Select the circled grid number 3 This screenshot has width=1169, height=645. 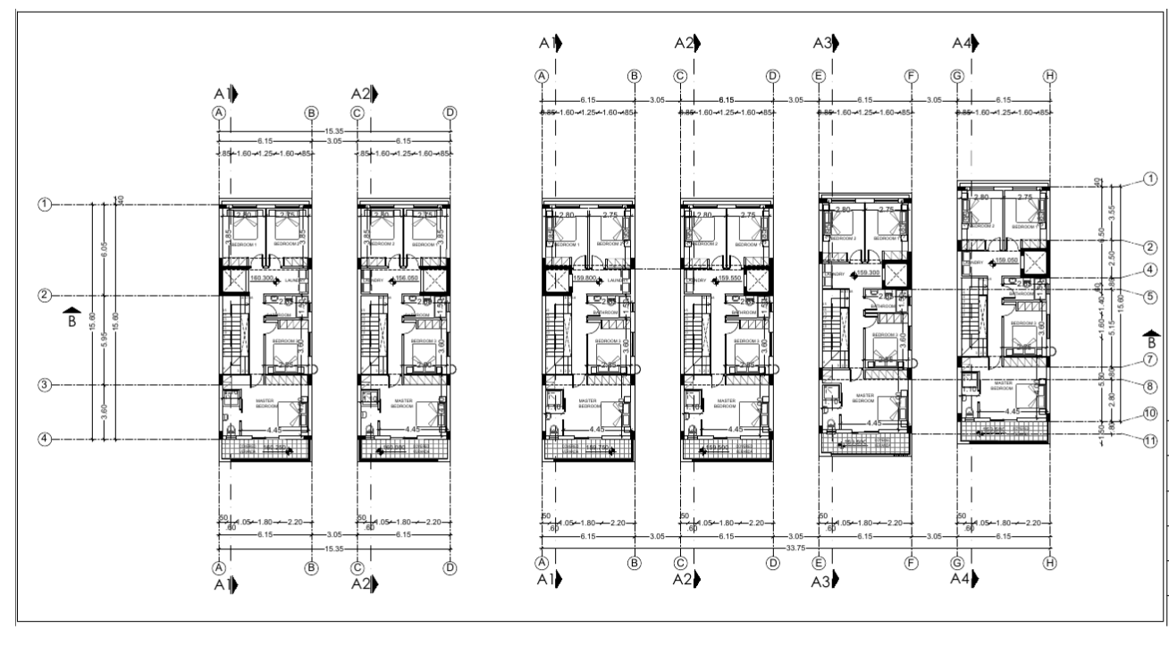[44, 385]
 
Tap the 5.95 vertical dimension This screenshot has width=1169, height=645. [105, 340]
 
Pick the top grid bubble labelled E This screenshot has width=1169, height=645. [818, 76]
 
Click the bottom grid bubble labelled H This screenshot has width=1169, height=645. [1049, 563]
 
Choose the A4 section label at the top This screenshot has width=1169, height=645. [963, 42]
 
